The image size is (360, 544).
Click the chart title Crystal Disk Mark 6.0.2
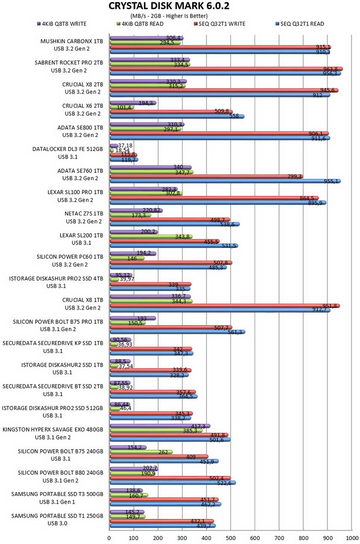pos(169,6)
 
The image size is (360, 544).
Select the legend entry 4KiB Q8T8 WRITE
pos(61,24)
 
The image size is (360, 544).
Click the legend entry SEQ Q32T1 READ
pos(299,24)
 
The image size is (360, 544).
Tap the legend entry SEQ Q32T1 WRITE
pos(219,24)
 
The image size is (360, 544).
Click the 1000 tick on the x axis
pos(352,538)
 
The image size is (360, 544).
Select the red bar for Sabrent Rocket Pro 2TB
pos(226,68)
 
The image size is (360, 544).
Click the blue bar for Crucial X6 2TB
pos(177,116)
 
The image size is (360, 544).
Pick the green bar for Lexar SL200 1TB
pos(151,236)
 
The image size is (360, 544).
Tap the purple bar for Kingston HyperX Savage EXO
pos(160,426)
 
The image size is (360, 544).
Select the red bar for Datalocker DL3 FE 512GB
pos(123,154)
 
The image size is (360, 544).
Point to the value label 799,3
pos(295,176)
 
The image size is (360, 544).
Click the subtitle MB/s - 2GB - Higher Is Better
pos(169,16)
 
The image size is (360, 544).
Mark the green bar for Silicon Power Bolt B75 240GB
pos(141,452)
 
